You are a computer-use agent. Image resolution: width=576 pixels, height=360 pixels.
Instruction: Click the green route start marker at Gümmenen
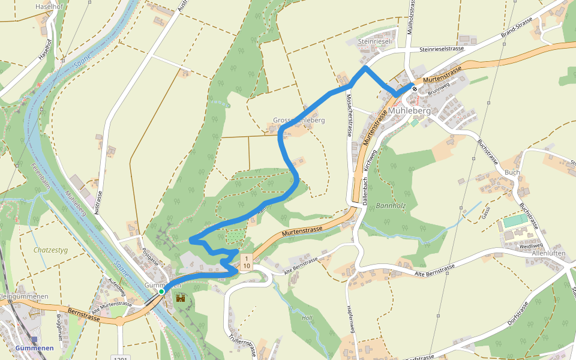pos(161,292)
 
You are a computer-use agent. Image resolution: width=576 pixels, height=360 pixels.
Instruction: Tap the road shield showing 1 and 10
pos(247,262)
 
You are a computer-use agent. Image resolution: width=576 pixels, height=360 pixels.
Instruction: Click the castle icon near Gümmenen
pos(180,298)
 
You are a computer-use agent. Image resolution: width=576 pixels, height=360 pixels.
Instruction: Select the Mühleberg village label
pos(409,112)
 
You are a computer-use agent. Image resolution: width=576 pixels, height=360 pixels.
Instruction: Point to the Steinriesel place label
pos(374,41)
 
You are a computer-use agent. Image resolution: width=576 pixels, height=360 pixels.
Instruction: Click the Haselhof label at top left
pos(49,5)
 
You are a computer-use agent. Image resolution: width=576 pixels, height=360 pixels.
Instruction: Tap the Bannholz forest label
pos(391,206)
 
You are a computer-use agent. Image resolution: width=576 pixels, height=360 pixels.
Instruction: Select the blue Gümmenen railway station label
pos(34,348)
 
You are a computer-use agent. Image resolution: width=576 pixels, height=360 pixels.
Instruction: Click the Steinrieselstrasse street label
pos(443,49)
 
